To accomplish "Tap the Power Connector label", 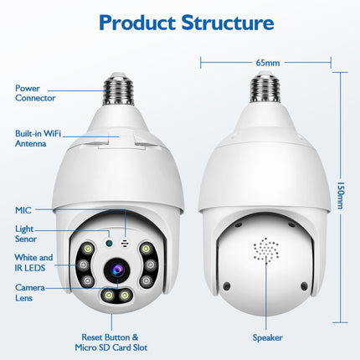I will coord(34,91).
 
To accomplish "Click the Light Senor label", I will coord(27,234).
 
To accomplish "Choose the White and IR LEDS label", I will coord(33,263).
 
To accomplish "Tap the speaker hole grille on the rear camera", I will coord(266,251).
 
